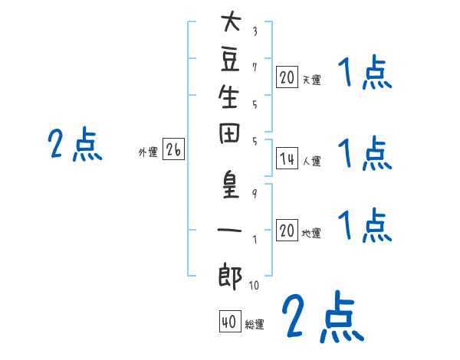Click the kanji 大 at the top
point(229,22)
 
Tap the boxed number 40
point(228,322)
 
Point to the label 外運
point(148,152)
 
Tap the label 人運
point(311,162)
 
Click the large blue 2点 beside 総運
point(321,316)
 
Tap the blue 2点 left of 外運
point(75,145)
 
